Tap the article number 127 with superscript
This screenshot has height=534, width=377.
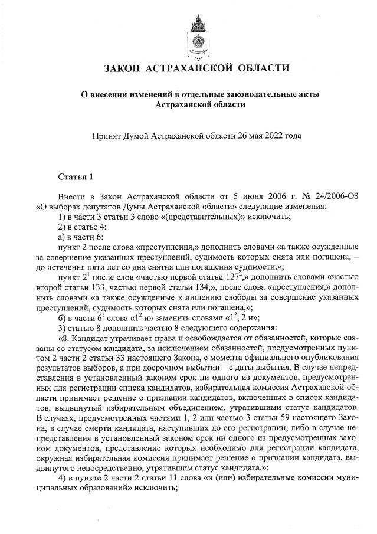(x=271, y=274)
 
